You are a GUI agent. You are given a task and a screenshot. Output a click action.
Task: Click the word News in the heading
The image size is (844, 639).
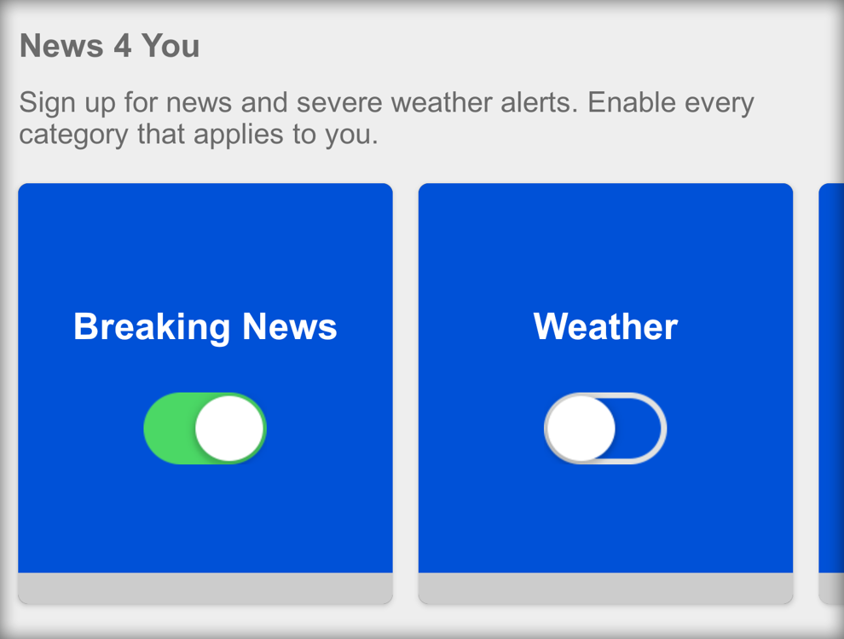61,45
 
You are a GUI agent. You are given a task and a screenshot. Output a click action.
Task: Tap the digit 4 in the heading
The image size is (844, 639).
122,45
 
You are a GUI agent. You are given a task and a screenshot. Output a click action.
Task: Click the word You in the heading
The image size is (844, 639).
171,45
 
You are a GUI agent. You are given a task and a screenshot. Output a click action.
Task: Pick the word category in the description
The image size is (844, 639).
73,135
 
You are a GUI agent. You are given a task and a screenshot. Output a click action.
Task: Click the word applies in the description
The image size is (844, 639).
239,135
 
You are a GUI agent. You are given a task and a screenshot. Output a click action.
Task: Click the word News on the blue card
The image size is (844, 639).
290,326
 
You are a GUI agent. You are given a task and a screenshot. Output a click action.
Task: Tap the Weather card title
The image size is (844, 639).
605,326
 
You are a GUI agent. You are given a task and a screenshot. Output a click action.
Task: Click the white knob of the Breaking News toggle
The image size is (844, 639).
229,429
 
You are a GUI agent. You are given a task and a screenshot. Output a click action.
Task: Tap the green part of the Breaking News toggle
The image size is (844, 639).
170,429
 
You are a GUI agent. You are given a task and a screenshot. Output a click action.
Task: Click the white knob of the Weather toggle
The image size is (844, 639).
581,429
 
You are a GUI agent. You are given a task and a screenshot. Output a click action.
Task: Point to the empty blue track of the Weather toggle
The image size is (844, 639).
639,429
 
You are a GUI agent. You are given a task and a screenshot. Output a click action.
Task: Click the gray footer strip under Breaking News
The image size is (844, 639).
205,588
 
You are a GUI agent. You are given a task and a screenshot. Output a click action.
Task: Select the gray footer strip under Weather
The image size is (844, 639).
605,588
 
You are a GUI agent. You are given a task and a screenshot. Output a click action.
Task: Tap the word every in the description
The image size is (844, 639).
720,103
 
